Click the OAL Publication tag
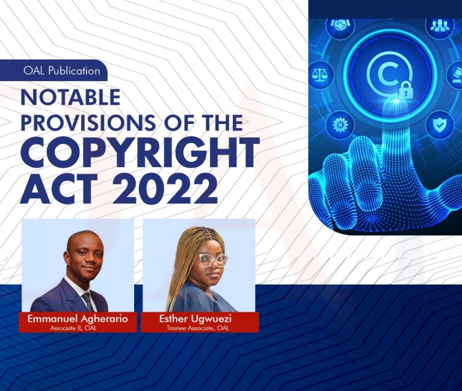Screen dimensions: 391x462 point(61,71)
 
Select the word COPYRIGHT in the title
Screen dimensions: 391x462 point(140,153)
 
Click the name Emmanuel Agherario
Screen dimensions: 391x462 point(78,319)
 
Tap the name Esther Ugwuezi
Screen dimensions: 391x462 point(200,319)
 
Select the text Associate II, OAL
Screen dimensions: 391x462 point(78,328)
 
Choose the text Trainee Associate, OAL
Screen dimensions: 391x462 point(200,328)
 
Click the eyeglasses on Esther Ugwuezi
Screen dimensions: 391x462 point(212,260)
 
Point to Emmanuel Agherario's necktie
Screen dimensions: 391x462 point(87,300)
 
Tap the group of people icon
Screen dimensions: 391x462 point(437,25)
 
